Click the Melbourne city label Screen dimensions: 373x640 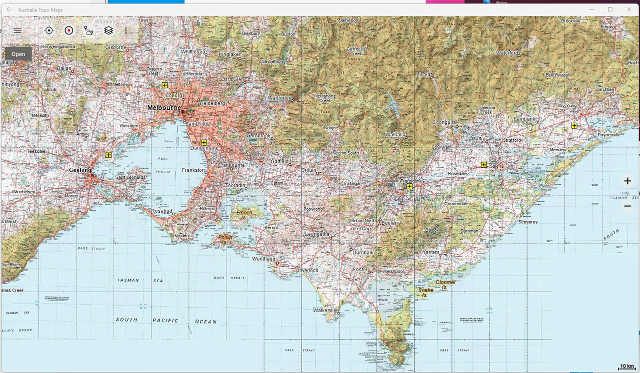[164, 108]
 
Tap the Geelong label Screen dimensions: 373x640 [80, 170]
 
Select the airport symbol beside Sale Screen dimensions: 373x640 [484, 164]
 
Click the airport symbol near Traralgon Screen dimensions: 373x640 [409, 186]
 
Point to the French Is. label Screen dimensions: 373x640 [244, 215]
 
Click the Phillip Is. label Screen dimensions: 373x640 [225, 240]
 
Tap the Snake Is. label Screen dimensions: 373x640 [426, 292]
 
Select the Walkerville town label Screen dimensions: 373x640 [325, 310]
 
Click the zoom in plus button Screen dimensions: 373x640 [627, 181]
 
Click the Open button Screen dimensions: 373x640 [18, 54]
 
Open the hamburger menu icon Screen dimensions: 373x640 [17, 30]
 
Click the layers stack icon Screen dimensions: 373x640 [108, 30]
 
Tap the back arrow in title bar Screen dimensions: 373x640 [9, 9]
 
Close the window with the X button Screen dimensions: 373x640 [629, 9]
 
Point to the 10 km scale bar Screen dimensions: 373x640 [627, 367]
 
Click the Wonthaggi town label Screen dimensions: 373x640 [264, 259]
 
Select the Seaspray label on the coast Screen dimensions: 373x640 [528, 222]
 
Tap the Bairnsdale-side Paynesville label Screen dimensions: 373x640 [609, 135]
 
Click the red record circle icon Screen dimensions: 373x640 [69, 30]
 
